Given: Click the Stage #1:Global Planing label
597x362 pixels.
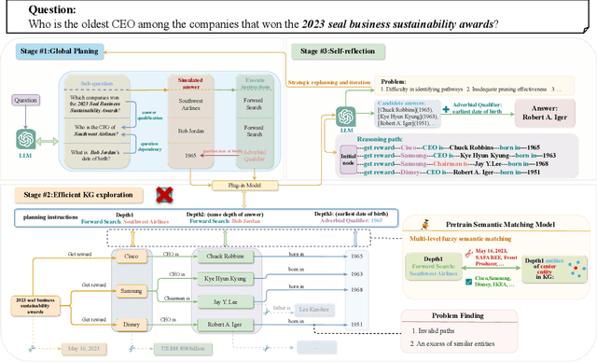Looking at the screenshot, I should pyautogui.click(x=53, y=54).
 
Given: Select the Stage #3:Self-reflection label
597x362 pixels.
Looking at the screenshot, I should pyautogui.click(x=345, y=48).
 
